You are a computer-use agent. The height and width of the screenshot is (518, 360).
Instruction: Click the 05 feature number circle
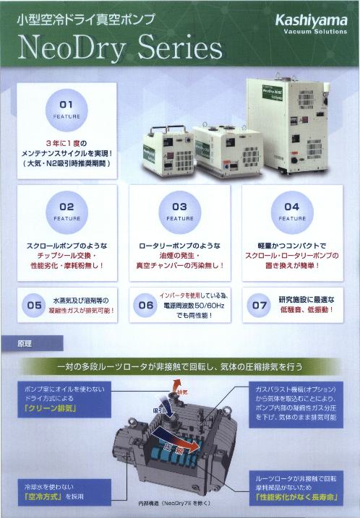[x=35, y=306]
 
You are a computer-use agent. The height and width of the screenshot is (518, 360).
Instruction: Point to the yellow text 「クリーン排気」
[x=52, y=408]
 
